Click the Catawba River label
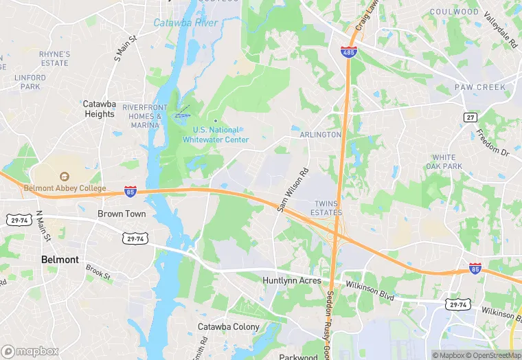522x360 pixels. click(x=185, y=23)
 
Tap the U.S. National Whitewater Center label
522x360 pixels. click(x=216, y=135)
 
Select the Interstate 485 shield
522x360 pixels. click(x=348, y=52)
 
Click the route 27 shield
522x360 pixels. click(x=470, y=117)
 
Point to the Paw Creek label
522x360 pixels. click(x=480, y=87)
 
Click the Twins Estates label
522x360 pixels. click(x=328, y=208)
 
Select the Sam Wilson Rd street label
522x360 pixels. click(x=293, y=190)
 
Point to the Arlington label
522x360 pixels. click(x=320, y=135)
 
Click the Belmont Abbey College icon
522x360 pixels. click(x=65, y=177)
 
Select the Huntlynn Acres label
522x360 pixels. click(x=292, y=280)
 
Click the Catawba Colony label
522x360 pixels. click(x=229, y=326)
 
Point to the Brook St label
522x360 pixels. click(x=98, y=272)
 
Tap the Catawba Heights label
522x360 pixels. click(x=100, y=109)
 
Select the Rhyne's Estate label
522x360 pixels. click(x=54, y=58)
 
